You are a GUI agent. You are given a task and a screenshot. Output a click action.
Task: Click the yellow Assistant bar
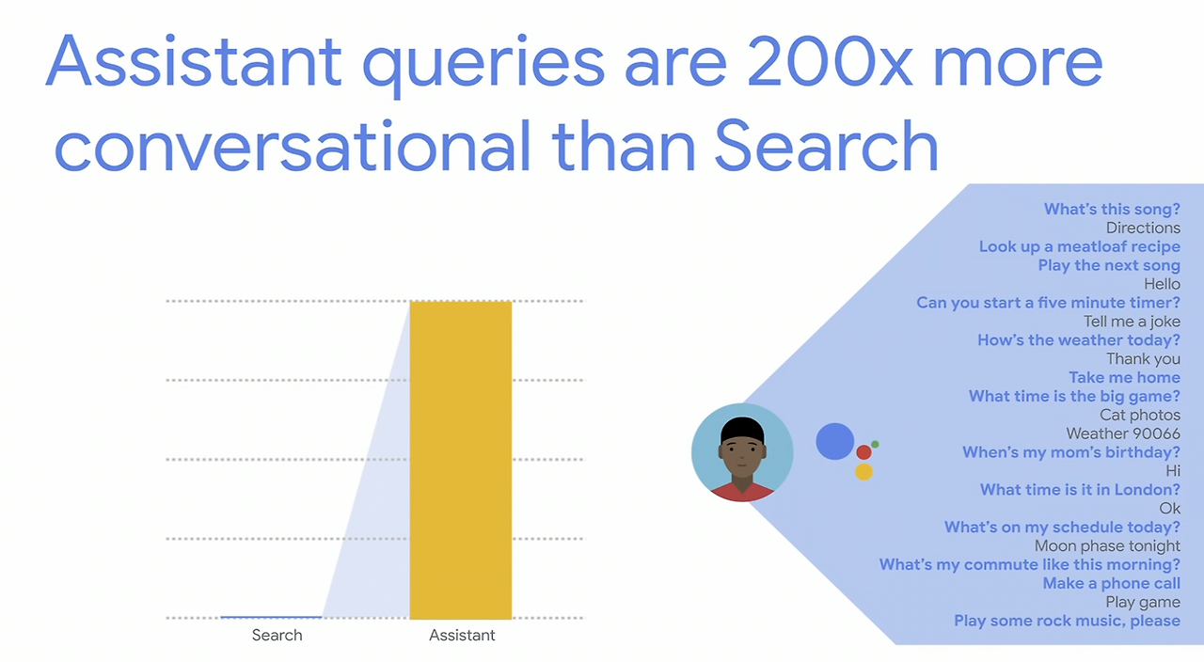click(461, 460)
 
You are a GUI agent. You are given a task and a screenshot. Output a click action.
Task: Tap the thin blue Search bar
click(271, 617)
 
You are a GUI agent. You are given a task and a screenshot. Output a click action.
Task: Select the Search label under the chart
click(277, 635)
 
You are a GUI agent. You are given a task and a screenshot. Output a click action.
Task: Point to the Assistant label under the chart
click(462, 635)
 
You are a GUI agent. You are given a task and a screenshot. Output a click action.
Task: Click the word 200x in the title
click(830, 61)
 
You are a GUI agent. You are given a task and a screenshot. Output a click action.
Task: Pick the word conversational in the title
click(293, 146)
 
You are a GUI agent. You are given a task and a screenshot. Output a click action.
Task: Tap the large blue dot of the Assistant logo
click(834, 441)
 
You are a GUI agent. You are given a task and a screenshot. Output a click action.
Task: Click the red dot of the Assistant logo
click(863, 452)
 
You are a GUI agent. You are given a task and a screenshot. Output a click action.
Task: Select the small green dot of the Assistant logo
click(875, 445)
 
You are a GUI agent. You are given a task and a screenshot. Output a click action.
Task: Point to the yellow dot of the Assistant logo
click(863, 472)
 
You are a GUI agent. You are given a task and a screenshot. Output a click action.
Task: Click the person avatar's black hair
click(742, 430)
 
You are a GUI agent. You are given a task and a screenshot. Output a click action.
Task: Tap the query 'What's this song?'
click(1112, 209)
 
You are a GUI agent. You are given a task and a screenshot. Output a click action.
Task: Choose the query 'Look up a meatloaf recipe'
click(1079, 246)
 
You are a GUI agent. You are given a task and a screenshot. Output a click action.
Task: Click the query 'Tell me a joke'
click(1132, 322)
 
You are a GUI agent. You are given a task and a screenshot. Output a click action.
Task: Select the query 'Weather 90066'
click(1123, 433)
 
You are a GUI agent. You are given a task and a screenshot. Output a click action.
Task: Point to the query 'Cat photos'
click(1139, 415)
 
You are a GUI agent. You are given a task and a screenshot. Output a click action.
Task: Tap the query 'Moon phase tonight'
click(1107, 546)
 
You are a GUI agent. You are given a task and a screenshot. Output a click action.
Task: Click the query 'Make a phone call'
click(1112, 583)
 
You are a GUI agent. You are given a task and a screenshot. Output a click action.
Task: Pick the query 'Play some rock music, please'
click(1067, 621)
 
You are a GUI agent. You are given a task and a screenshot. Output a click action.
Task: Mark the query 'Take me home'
click(1124, 377)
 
